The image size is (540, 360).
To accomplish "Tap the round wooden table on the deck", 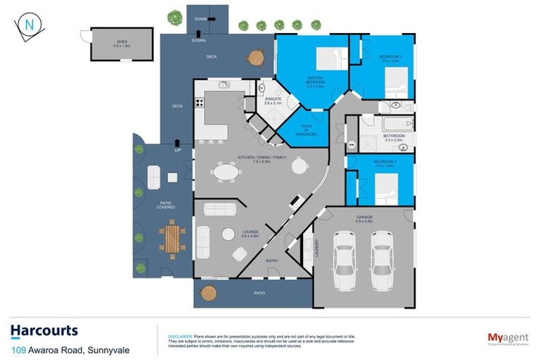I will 257,56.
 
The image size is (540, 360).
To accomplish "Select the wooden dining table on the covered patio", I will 173,238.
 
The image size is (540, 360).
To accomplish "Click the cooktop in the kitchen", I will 199,103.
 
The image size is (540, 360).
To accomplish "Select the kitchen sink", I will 224,85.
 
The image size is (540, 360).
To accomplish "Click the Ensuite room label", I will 273,101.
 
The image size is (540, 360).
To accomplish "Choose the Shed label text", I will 122,44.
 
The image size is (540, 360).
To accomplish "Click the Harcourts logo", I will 44,330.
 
